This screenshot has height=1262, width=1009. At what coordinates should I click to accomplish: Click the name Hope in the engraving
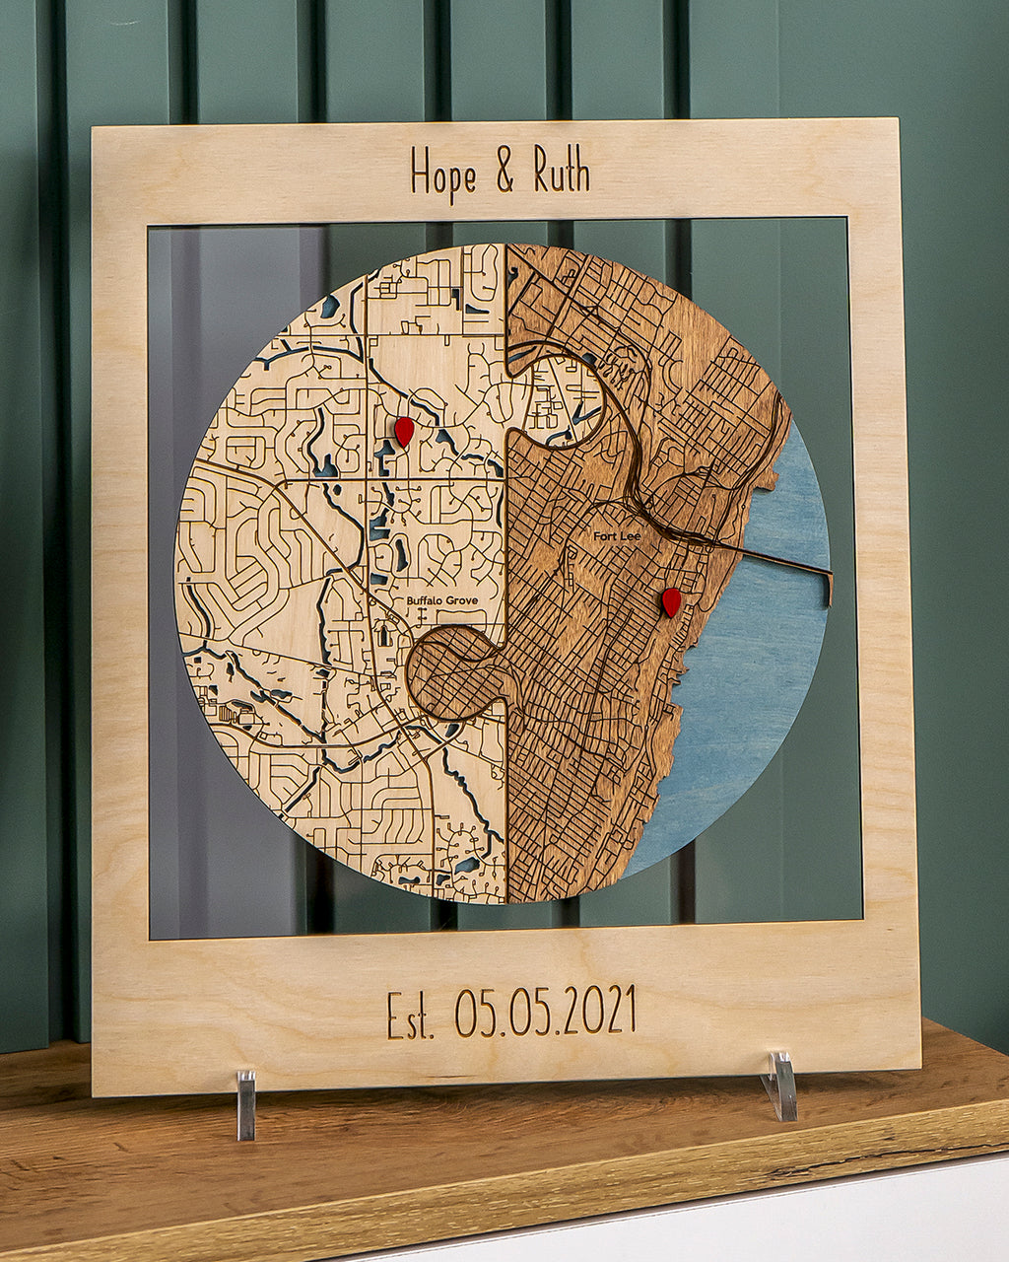[x=442, y=175]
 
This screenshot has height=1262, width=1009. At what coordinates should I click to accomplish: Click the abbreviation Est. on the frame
[x=410, y=1016]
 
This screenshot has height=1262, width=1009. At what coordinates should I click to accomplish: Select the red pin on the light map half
[x=404, y=431]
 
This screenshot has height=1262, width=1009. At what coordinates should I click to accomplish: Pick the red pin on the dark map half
[x=671, y=601]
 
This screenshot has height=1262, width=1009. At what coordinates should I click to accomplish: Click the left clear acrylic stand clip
[x=245, y=1103]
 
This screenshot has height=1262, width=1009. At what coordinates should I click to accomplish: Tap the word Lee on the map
[x=630, y=535]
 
